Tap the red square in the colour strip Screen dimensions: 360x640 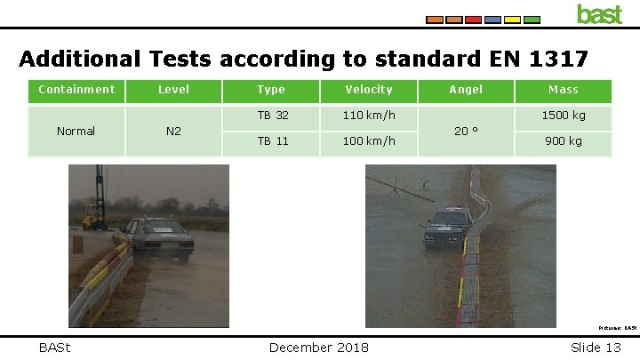point(474,19)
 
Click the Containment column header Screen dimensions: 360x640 point(76,90)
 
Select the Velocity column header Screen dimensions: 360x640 point(368,90)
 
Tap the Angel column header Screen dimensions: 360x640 point(466,90)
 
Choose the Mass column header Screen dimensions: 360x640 point(564,90)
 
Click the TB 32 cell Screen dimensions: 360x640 point(273,116)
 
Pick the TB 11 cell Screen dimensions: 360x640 point(273,141)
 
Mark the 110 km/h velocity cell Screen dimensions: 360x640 point(368,116)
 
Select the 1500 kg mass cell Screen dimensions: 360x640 point(564,116)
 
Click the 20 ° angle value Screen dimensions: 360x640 point(466,131)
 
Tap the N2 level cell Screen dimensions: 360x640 point(174,132)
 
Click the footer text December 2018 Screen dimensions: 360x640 point(319,347)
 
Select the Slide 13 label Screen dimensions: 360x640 point(596,347)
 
